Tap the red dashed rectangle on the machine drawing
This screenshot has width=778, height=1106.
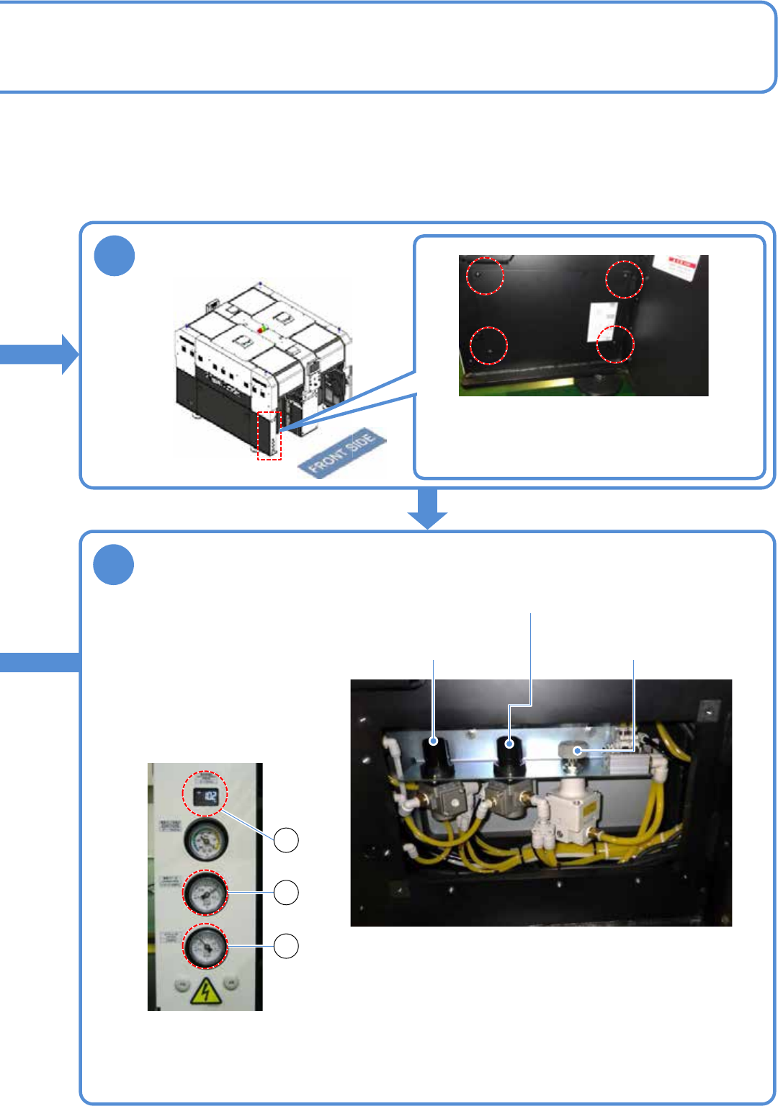pos(269,435)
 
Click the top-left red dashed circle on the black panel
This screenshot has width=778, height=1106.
pos(485,276)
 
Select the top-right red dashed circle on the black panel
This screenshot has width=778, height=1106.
pos(624,279)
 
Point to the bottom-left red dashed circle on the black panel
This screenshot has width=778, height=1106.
pos(488,345)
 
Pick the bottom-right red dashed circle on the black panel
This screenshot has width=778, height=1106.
pos(615,344)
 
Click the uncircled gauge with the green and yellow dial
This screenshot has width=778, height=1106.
pos(206,840)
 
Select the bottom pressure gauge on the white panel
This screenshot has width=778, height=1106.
pos(206,946)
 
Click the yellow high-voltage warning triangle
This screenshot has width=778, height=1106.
pos(206,992)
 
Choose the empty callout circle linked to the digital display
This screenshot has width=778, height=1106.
pos(287,840)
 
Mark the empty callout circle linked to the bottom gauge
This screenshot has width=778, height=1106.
pos(287,946)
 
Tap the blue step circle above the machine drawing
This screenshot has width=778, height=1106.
pos(115,257)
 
